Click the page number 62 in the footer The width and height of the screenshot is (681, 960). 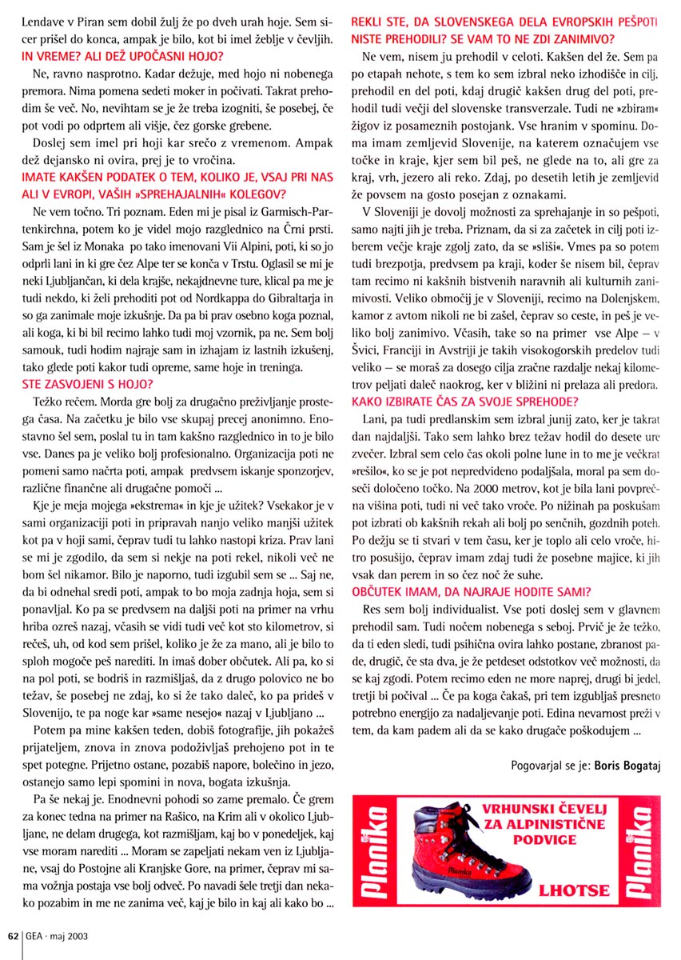pos(13,934)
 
